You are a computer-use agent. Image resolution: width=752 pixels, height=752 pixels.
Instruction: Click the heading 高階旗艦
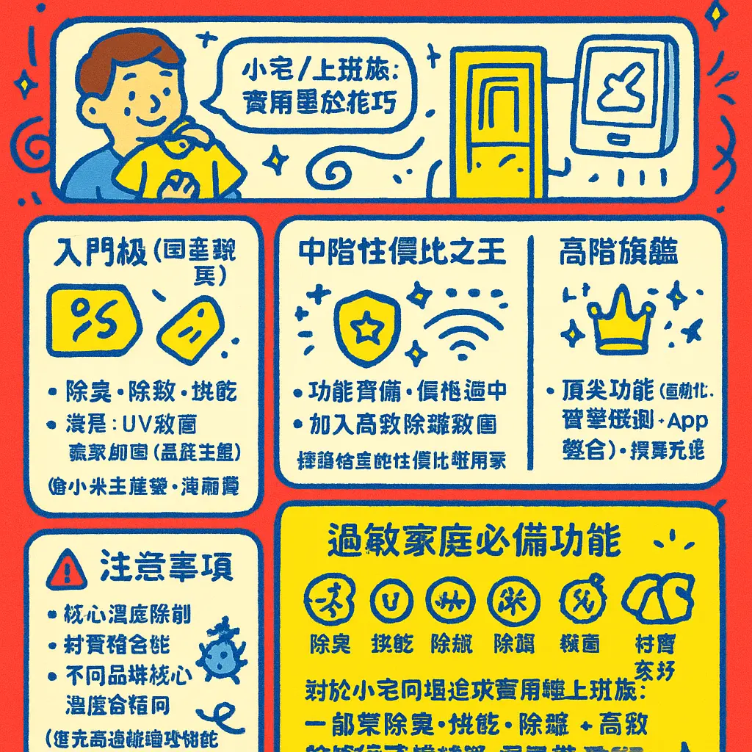tap(618, 253)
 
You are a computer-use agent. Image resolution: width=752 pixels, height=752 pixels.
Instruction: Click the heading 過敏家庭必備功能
tap(474, 542)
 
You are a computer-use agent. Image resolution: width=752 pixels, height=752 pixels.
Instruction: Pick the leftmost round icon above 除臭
tap(329, 599)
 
